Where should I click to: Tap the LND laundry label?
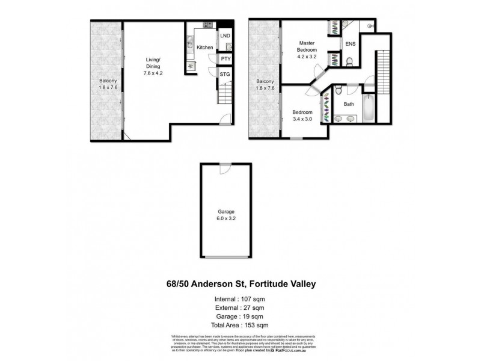225,37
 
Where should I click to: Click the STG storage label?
225,74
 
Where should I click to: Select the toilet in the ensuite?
349,61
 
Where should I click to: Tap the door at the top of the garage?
224,169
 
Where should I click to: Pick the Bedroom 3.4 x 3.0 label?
302,116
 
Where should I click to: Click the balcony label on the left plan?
108,84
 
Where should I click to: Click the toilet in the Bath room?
339,91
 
